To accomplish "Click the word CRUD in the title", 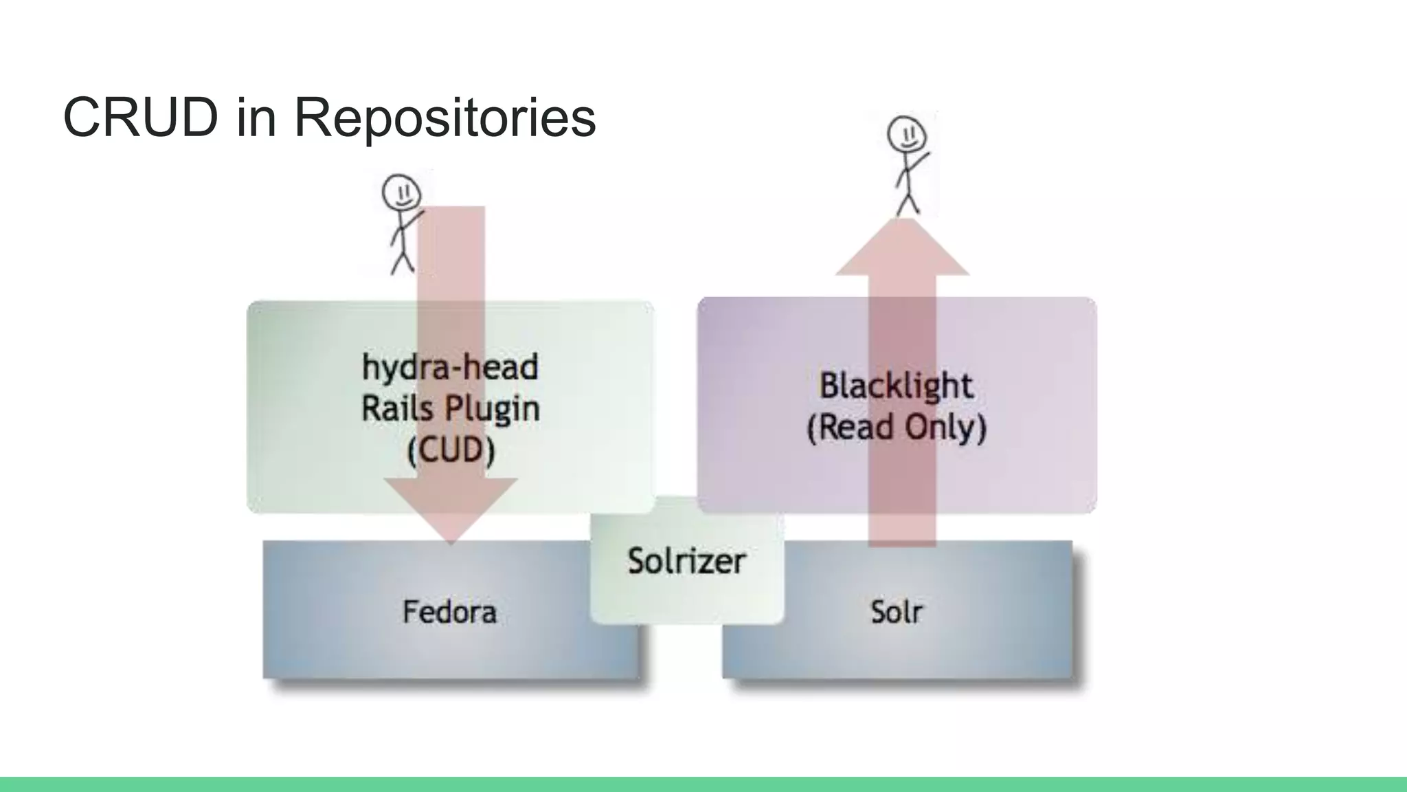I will coord(140,118).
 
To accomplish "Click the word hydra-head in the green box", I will coord(450,367).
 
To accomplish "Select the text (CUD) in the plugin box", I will coord(451,451).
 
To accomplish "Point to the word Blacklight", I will coord(896,385).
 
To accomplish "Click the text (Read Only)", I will coord(896,427).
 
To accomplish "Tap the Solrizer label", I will coord(686,561).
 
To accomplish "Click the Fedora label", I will coord(449,612).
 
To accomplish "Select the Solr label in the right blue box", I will coord(897,612).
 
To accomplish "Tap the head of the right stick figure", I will coord(906,133).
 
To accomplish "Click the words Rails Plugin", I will coord(450,409).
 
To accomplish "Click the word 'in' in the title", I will coord(256,118).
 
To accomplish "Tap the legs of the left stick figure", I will coord(403,262).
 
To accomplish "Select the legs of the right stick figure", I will coord(908,203).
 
